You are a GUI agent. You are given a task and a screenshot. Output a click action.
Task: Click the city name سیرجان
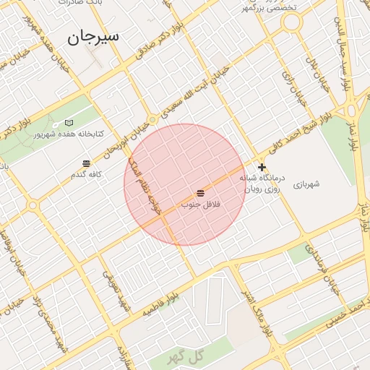click(x=94, y=37)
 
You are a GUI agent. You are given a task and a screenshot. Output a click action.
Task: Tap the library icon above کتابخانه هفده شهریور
click(x=69, y=123)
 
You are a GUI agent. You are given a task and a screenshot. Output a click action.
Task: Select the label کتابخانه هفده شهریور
click(x=71, y=134)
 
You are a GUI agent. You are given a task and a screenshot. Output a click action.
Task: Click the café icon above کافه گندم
click(x=86, y=163)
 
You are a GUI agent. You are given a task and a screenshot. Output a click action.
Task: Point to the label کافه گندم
click(x=85, y=175)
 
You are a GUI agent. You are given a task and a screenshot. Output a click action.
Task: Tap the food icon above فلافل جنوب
click(x=200, y=193)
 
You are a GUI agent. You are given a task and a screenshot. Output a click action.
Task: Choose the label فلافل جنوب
click(x=199, y=205)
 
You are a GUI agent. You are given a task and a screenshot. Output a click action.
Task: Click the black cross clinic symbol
click(x=262, y=167)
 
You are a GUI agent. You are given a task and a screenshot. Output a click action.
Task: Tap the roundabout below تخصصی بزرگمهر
click(x=291, y=22)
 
